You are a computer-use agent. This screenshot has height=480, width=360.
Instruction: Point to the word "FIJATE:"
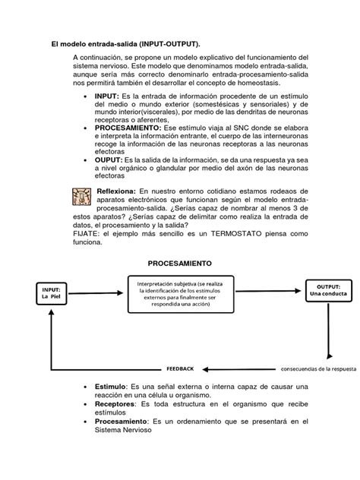pyautogui.click(x=89, y=235)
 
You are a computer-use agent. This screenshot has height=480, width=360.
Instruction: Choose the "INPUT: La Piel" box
pyautogui.click(x=51, y=292)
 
